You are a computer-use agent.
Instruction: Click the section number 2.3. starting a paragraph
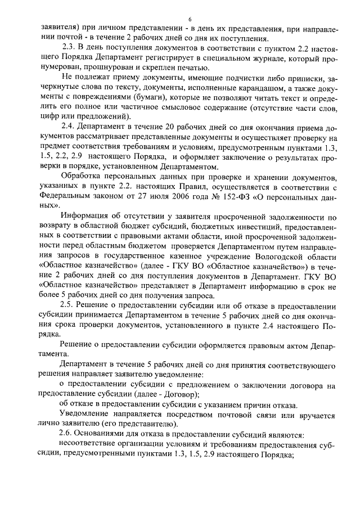[69, 47]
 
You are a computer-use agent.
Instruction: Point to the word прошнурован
[99, 67]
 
